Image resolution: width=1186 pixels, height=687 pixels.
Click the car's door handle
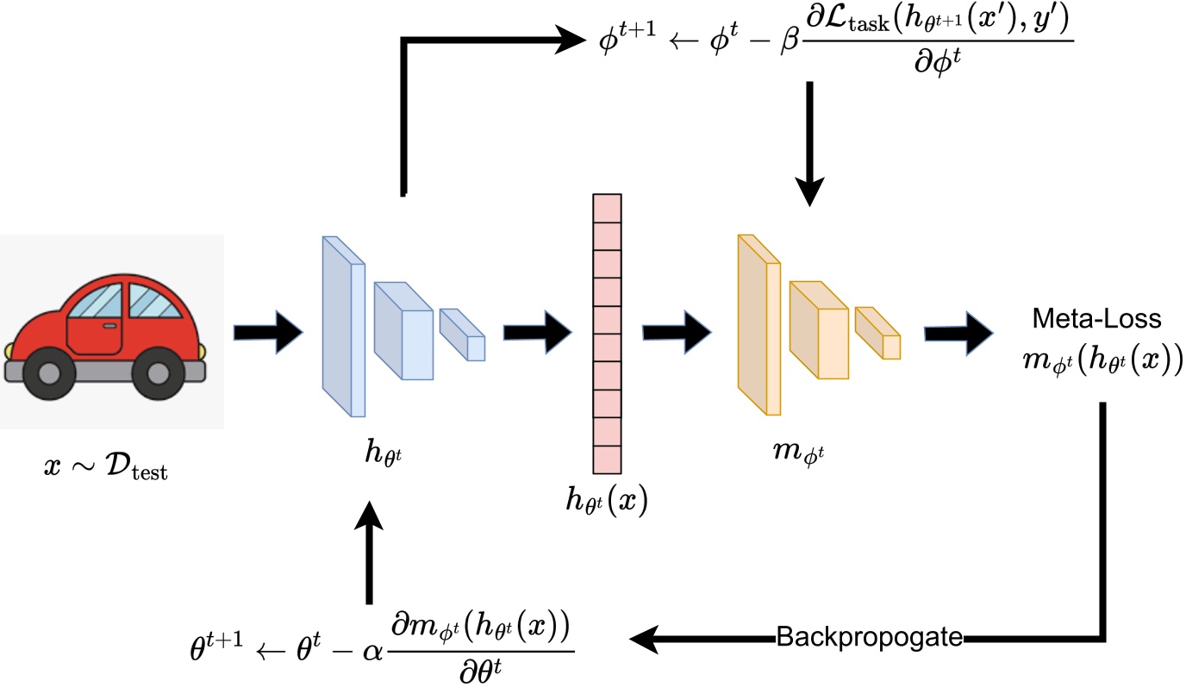tap(110, 326)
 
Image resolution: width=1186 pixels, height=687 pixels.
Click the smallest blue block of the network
tap(464, 336)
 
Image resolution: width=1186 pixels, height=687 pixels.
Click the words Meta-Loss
tap(1097, 320)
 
